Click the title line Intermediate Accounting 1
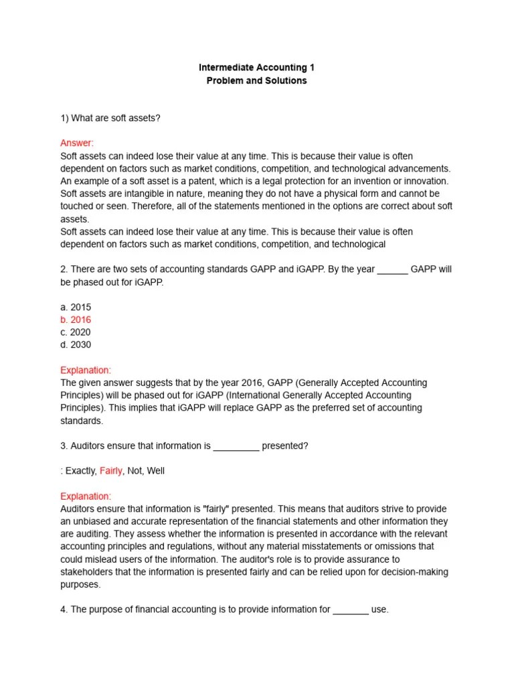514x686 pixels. point(257,68)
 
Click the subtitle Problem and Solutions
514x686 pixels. point(257,80)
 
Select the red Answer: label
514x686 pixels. point(77,143)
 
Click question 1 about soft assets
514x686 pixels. point(110,118)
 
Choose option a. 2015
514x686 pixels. point(76,307)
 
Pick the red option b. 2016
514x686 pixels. point(76,320)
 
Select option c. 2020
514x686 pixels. point(76,332)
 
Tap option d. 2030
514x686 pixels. point(76,345)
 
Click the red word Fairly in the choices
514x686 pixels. point(111,471)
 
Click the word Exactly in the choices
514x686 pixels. point(80,471)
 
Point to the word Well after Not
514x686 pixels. point(156,471)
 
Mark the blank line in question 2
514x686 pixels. point(393,271)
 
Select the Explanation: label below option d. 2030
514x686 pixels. point(86,370)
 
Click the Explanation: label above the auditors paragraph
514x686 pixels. point(86,496)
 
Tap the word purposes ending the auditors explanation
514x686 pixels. point(80,584)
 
